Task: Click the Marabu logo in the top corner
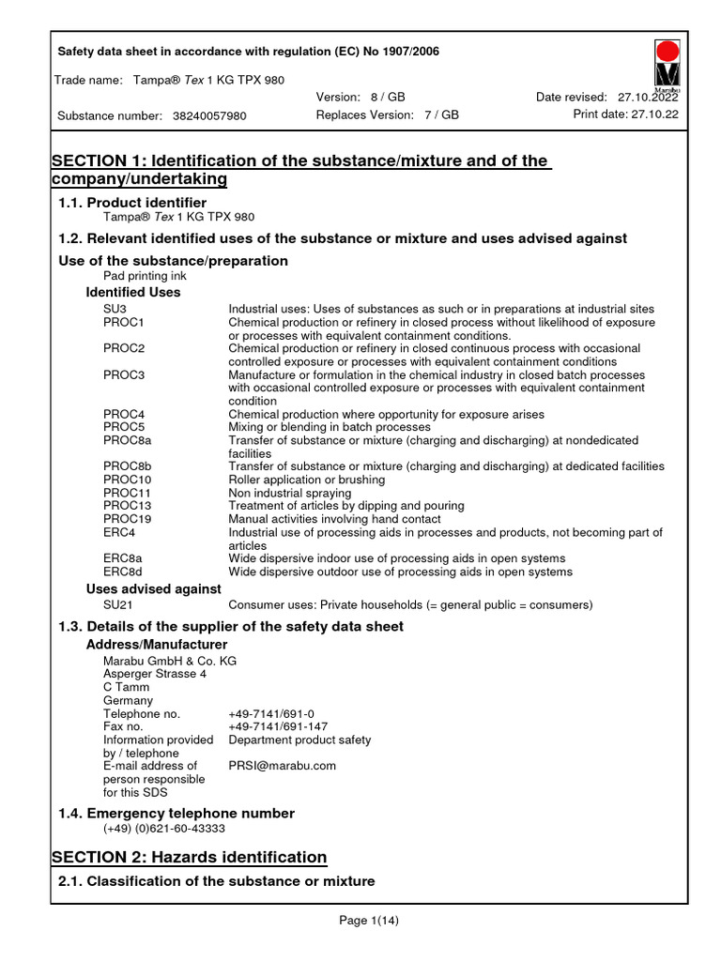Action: [667, 66]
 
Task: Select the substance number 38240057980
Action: [209, 115]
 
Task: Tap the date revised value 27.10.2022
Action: [649, 98]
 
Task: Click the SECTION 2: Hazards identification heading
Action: [189, 857]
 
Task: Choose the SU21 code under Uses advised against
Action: [117, 605]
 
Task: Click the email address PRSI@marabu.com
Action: [282, 766]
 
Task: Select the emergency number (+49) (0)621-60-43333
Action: [164, 829]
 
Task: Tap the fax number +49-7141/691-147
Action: [278, 726]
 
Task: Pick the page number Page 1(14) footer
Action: [369, 921]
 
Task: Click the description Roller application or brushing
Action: [307, 480]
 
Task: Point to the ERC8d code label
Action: [122, 572]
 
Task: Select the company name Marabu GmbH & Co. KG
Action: [170, 661]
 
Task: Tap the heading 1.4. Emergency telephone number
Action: [176, 813]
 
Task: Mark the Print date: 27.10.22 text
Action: [625, 114]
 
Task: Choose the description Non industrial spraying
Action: [290, 493]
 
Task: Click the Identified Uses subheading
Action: [133, 292]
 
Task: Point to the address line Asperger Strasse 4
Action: [155, 674]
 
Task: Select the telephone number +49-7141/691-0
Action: [271, 713]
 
